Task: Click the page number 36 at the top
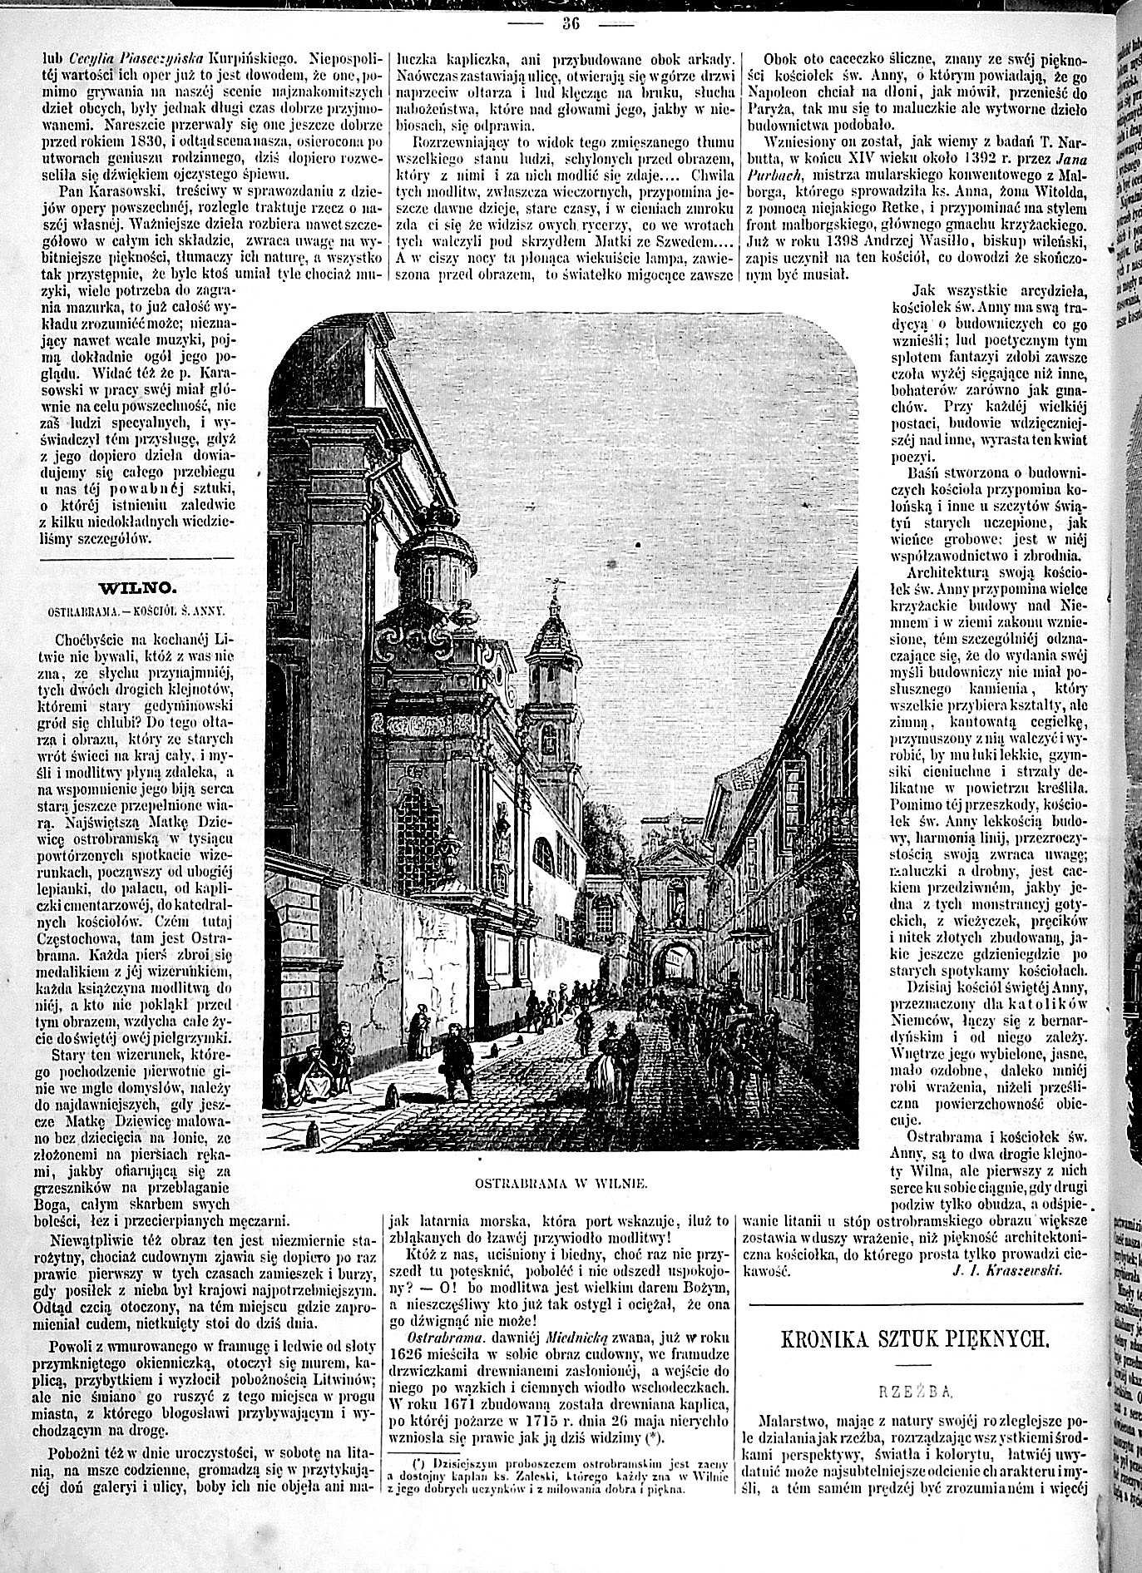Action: (x=571, y=23)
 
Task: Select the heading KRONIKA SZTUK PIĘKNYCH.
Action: (x=911, y=1338)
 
